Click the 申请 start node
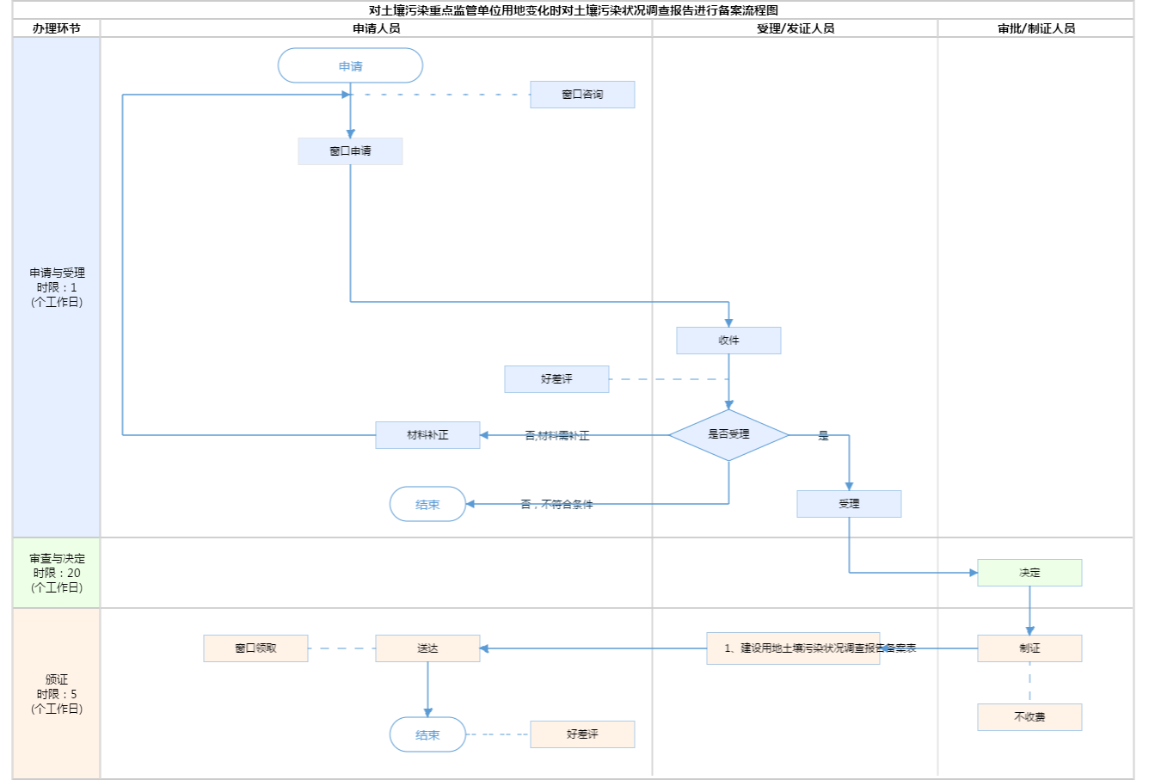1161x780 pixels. tap(350, 66)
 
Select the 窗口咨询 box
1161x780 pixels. tap(582, 95)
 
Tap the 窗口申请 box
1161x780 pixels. tap(350, 151)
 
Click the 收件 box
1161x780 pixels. tap(728, 341)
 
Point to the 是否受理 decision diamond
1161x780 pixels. tap(728, 435)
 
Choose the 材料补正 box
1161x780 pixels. tap(427, 435)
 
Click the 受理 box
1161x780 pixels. tap(849, 504)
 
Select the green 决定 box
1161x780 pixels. tap(1029, 573)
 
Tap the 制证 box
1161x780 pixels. tap(1029, 648)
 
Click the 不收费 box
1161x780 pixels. tap(1029, 717)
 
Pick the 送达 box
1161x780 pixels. tap(427, 648)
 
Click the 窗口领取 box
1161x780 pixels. tap(255, 648)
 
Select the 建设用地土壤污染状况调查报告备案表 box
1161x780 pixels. tap(793, 648)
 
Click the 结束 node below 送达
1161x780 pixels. tap(427, 735)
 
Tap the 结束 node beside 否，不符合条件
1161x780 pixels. tap(427, 505)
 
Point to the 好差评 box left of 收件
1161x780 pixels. tap(556, 379)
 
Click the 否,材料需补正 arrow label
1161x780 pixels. tap(557, 436)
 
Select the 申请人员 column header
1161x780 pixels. tap(376, 28)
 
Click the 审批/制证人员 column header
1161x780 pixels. tap(1035, 28)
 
